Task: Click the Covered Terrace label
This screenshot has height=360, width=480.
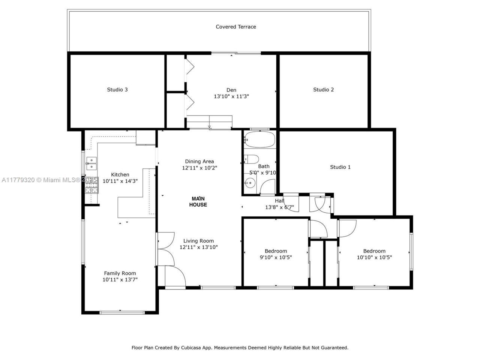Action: (236, 27)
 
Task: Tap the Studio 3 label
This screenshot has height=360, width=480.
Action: (117, 90)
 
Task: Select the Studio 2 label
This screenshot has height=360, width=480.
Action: (323, 90)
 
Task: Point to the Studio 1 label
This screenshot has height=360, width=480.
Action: (340, 167)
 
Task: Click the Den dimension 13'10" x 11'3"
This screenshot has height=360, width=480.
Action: (231, 96)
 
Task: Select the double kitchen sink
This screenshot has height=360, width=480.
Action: (91, 163)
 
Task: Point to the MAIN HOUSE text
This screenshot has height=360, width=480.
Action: (198, 202)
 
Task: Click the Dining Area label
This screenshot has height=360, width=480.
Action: (199, 161)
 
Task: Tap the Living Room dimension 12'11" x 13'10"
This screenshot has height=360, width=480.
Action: (198, 247)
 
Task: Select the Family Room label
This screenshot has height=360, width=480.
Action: (120, 273)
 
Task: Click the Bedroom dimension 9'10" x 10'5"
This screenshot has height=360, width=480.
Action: (276, 257)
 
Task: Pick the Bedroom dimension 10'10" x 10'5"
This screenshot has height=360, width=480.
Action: (374, 257)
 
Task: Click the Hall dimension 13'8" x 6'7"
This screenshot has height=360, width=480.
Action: (279, 207)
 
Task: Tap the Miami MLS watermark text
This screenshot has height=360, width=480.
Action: (60, 180)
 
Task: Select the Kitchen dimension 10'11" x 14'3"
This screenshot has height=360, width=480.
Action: (120, 181)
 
